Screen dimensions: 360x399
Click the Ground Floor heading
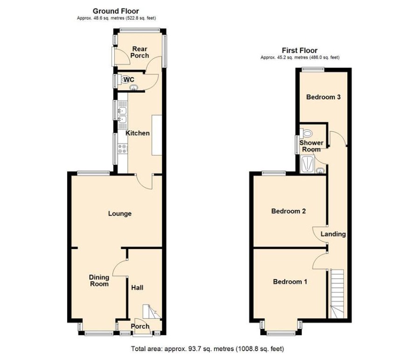pyautogui.click(x=116, y=11)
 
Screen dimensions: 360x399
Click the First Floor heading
pyautogui.click(x=299, y=50)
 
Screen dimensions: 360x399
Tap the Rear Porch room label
pyautogui.click(x=139, y=52)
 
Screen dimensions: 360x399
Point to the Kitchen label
pyautogui.click(x=138, y=133)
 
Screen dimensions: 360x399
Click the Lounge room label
pyautogui.click(x=120, y=214)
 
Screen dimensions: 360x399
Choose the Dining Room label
pyautogui.click(x=99, y=280)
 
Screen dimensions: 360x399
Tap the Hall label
pyautogui.click(x=137, y=288)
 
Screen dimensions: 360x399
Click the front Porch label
pyautogui.click(x=140, y=326)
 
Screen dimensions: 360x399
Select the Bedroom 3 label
pyautogui.click(x=323, y=97)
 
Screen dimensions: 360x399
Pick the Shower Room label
pyautogui.click(x=310, y=146)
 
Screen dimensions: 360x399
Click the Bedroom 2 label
pyautogui.click(x=289, y=211)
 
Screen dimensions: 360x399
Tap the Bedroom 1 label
pyautogui.click(x=290, y=282)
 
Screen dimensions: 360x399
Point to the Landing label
pyautogui.click(x=333, y=234)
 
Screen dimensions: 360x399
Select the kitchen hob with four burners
pyautogui.click(x=123, y=149)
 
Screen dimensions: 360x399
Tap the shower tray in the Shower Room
pyautogui.click(x=308, y=164)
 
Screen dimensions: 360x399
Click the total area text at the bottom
pyautogui.click(x=207, y=348)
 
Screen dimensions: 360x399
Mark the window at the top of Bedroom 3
pyautogui.click(x=312, y=69)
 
